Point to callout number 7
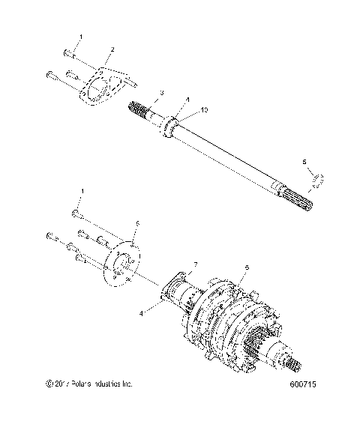click(194, 264)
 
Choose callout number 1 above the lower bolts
click(82, 192)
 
